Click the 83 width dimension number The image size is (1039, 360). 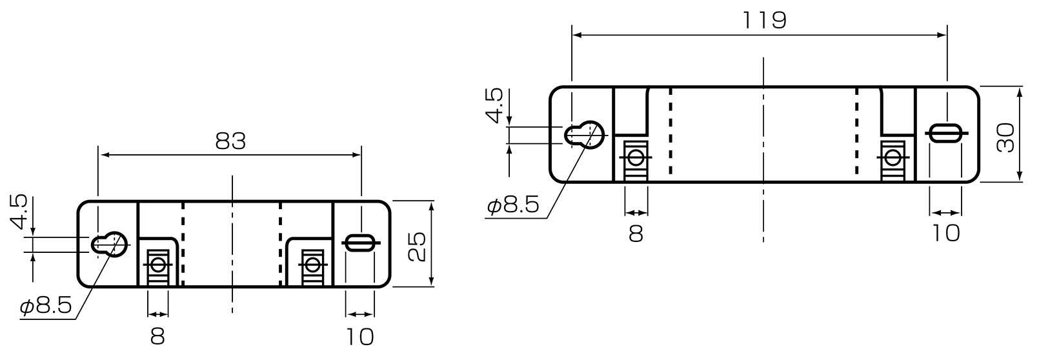[230, 141]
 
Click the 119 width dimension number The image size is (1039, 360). [764, 21]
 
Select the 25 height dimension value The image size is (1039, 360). [418, 246]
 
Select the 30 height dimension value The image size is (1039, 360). [1005, 138]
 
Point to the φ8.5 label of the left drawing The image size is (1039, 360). [46, 306]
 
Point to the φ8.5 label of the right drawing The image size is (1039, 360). [513, 205]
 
